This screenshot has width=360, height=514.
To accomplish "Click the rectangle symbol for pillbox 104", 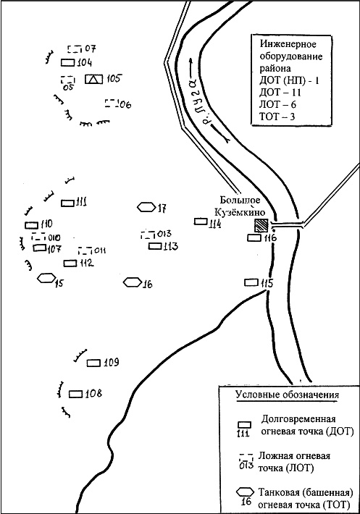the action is pos(68,62).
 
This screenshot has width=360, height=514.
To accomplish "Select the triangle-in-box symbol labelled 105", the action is pos(93,79).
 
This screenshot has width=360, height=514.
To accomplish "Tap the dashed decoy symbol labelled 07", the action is pos(75,49).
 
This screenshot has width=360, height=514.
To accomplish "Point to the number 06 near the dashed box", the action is pos(125,104).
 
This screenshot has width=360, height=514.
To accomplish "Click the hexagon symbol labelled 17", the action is pos(146,207).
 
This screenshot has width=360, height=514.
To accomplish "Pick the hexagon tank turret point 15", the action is pos(46,278).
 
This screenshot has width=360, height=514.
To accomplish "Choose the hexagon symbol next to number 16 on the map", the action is pos(133,282).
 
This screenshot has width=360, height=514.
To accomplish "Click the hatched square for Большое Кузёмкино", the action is pos(261,226).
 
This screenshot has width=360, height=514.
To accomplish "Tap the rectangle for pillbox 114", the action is pos(201,222).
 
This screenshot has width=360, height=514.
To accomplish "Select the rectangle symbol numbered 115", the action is pos(251,282).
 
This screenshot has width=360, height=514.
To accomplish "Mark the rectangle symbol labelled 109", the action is pos(93,363).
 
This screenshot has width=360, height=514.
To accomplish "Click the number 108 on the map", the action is pos(93,393).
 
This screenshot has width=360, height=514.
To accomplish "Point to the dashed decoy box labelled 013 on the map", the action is pos(148,235).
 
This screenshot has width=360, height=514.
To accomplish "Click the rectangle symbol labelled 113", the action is pos(155,245).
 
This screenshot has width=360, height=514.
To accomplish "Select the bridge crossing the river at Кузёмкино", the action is pos(288,226).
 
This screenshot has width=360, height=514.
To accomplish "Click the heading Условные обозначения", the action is pos(288,395).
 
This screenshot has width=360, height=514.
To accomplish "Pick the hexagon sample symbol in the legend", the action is pos(245,492).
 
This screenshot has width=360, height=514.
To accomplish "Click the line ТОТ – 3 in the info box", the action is pos(277,117).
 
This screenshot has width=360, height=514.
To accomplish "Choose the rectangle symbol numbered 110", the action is pos(31,225).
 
